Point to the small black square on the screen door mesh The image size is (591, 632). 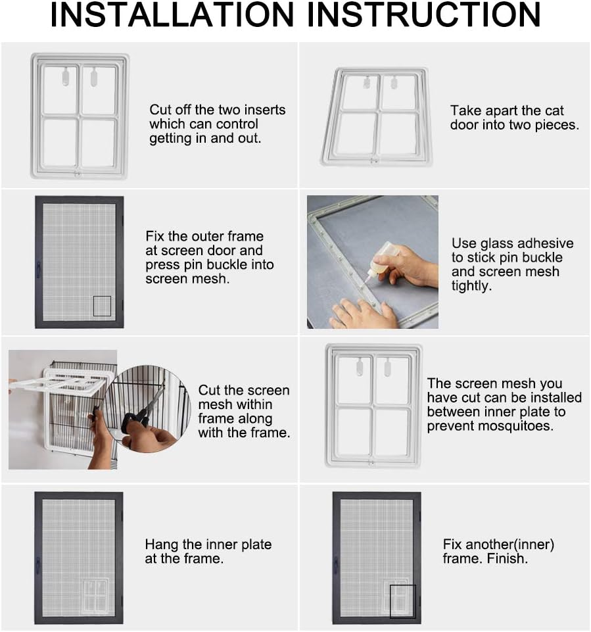102,306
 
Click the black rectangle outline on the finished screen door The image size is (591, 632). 402,601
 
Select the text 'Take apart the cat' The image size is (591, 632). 507,110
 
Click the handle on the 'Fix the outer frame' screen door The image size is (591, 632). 39,268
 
